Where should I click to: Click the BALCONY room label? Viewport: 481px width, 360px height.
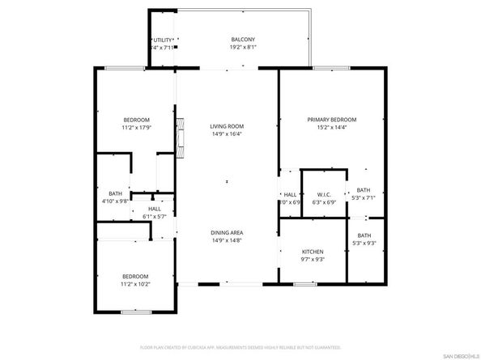pyautogui.click(x=243, y=39)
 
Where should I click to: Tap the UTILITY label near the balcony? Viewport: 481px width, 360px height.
pyautogui.click(x=163, y=40)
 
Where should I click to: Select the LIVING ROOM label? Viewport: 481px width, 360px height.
pyautogui.click(x=227, y=126)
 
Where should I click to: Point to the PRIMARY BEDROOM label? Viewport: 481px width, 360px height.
pyautogui.click(x=331, y=120)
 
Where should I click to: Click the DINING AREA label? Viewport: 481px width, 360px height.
pyautogui.click(x=227, y=233)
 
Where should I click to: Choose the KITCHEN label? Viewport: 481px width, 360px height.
pyautogui.click(x=313, y=252)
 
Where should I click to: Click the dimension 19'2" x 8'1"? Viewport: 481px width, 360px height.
pyautogui.click(x=243, y=47)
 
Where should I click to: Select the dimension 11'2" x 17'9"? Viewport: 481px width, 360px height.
pyautogui.click(x=136, y=127)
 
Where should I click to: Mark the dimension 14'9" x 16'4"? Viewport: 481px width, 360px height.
pyautogui.click(x=227, y=134)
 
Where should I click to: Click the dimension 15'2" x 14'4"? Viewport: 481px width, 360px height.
pyautogui.click(x=331, y=127)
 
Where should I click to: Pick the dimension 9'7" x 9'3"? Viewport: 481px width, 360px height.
pyautogui.click(x=313, y=260)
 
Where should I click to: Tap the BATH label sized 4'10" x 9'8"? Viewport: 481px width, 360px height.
pyautogui.click(x=115, y=193)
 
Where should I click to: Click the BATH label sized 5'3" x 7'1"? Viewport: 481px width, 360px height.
pyautogui.click(x=363, y=190)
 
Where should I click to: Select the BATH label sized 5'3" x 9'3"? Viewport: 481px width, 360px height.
pyautogui.click(x=363, y=236)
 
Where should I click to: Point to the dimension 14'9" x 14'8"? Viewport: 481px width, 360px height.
pyautogui.click(x=227, y=240)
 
